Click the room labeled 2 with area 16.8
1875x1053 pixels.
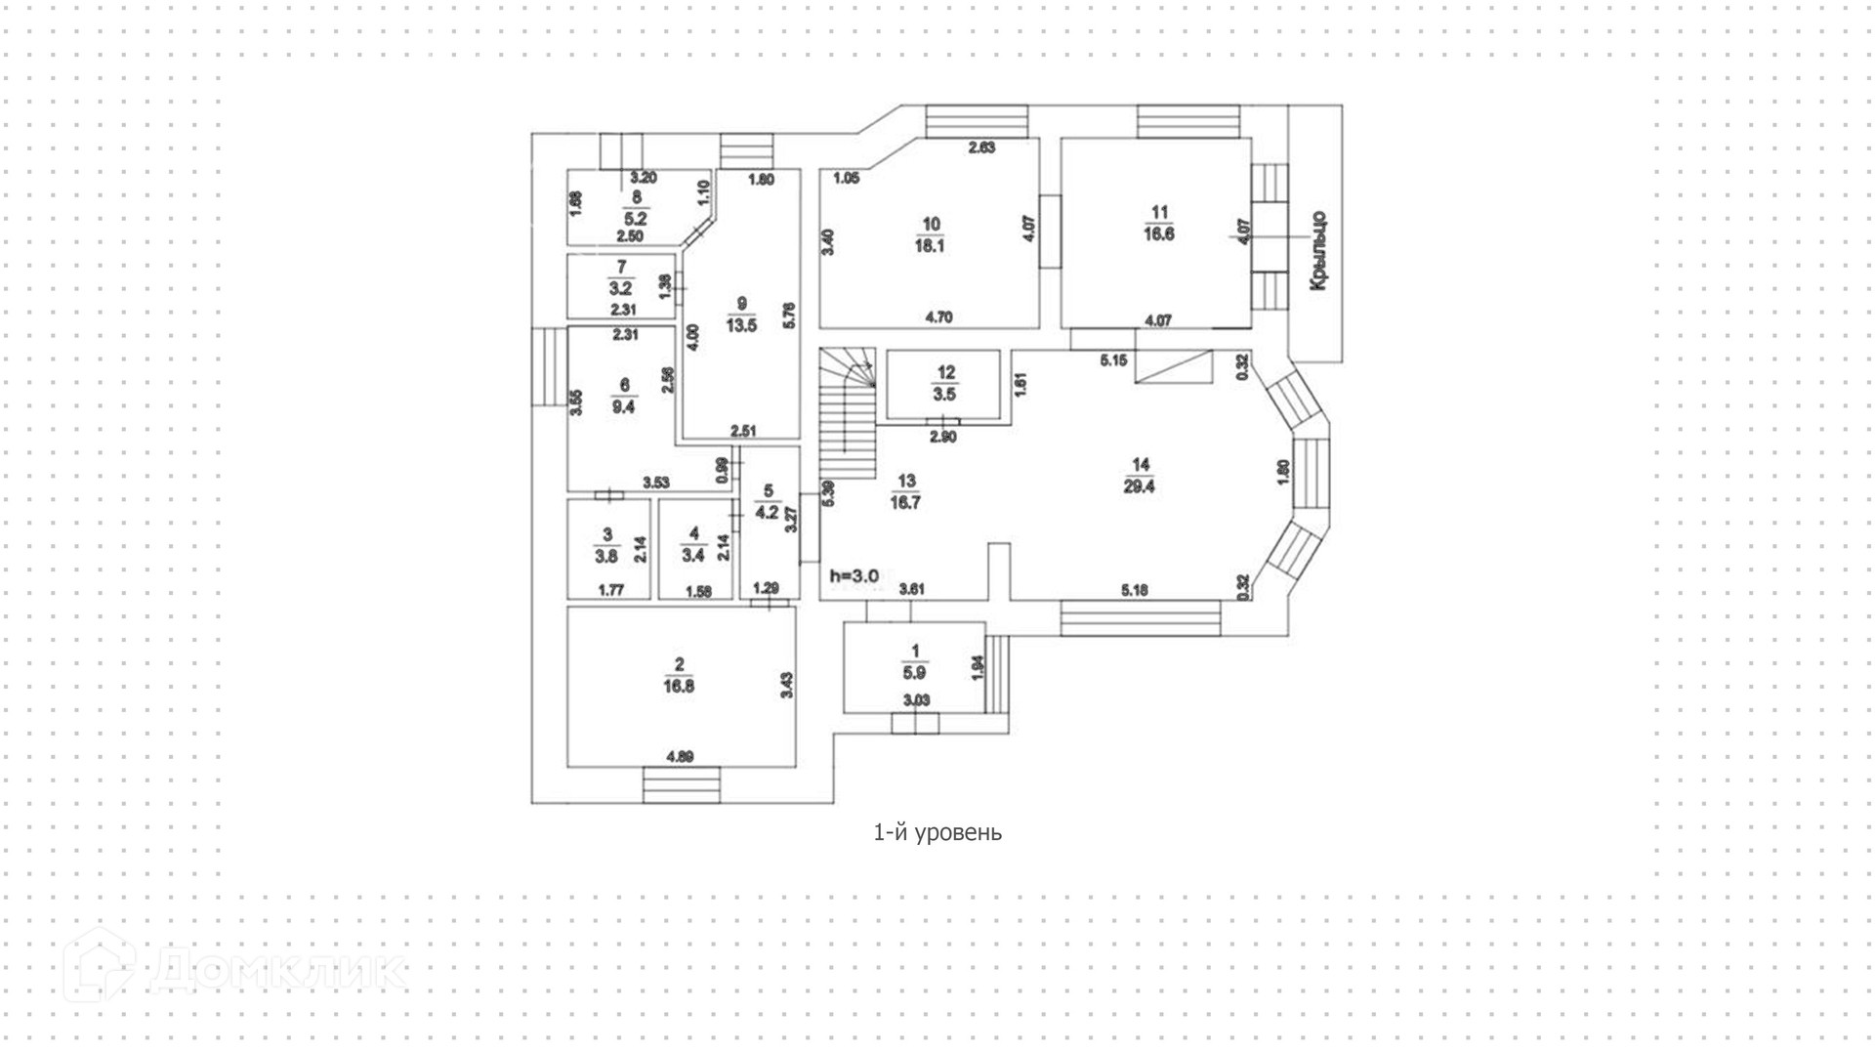pos(680,676)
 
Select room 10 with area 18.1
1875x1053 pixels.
pos(929,235)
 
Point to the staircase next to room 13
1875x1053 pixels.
pos(847,415)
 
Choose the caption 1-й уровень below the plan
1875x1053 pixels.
pos(937,832)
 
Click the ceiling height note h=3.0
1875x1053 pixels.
pos(854,576)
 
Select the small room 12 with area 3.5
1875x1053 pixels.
pos(944,384)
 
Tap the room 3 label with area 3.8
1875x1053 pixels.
pos(606,546)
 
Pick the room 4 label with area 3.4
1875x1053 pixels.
pos(693,545)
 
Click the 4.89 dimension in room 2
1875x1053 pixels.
pos(680,756)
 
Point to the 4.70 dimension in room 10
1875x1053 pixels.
pos(938,316)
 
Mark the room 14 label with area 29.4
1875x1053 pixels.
pos(1139,476)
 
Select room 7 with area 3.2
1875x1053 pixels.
pos(621,278)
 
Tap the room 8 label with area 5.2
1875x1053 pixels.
pos(636,208)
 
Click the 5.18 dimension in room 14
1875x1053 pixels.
pos(1134,590)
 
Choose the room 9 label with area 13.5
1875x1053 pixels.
pos(741,315)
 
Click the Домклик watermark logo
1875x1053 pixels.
pos(234,968)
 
